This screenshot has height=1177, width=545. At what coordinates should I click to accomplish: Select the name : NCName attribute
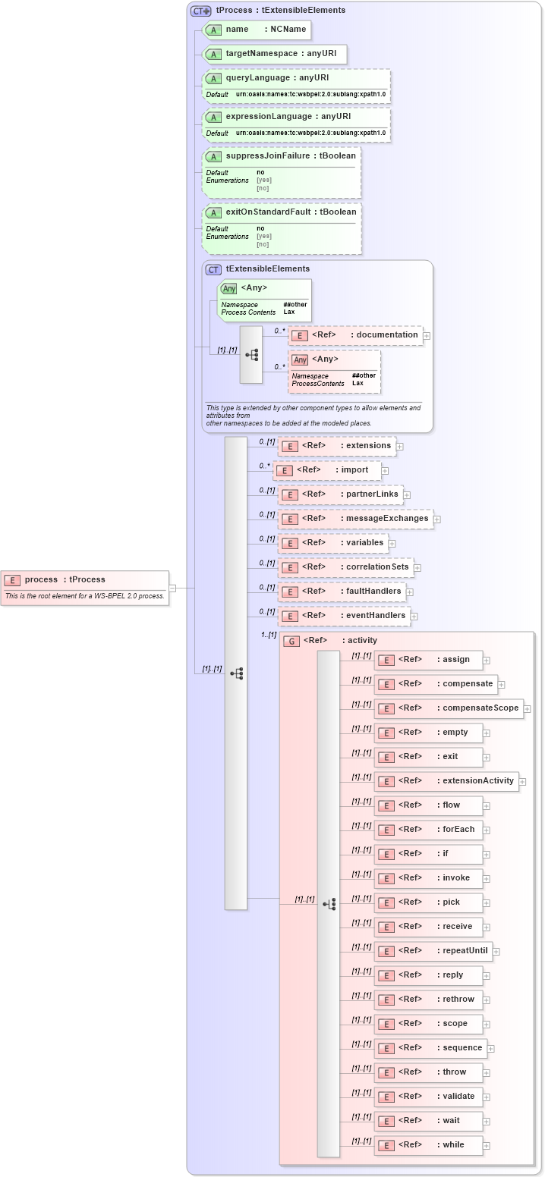257,30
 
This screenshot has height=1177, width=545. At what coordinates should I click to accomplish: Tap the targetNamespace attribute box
275,54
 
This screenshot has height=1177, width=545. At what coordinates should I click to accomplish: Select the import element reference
327,470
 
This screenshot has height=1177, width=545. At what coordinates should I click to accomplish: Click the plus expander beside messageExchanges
437,519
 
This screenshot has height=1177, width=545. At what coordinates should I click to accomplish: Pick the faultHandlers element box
341,592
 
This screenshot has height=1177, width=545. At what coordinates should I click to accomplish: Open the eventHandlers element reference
344,616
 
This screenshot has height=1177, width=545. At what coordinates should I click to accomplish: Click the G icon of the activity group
291,641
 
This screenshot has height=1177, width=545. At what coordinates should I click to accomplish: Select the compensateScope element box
449,708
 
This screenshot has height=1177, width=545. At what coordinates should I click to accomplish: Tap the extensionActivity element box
446,781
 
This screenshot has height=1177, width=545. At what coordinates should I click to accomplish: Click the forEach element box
428,830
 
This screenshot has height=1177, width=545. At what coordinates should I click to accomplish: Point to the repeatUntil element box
433,951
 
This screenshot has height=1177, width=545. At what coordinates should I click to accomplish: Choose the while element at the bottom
428,1145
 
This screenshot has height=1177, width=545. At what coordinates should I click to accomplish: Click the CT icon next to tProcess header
200,11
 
